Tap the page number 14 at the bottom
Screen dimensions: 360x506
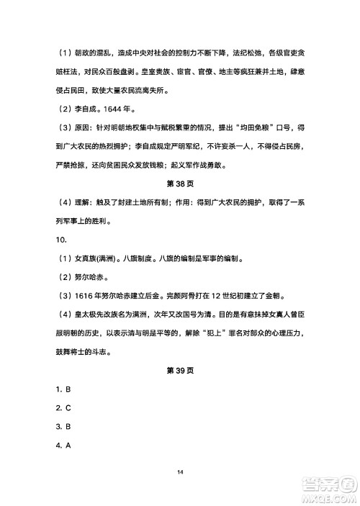coord(180,471)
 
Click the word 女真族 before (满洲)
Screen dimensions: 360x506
coord(87,258)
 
